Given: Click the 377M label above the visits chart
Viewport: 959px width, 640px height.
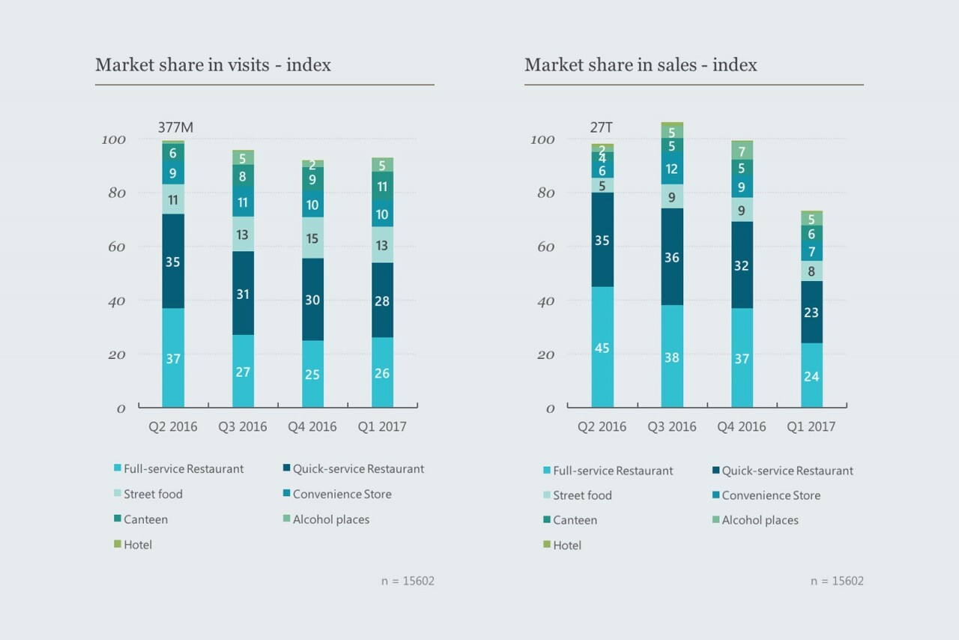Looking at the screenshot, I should pyautogui.click(x=175, y=127).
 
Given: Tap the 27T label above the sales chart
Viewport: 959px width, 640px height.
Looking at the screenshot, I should pyautogui.click(x=602, y=127).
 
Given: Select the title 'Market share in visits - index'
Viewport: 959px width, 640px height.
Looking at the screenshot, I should pyautogui.click(x=213, y=65).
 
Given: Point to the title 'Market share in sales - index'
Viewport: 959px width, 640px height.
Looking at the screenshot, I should pyautogui.click(x=641, y=65).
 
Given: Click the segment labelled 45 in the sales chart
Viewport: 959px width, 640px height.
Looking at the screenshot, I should pyautogui.click(x=602, y=347).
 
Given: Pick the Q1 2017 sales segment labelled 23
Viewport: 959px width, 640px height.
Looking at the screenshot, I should pyautogui.click(x=811, y=313).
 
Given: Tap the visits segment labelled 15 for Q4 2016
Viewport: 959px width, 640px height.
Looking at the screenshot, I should pyautogui.click(x=312, y=238).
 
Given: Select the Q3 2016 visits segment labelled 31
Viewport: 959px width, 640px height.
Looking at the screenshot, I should pyautogui.click(x=243, y=294).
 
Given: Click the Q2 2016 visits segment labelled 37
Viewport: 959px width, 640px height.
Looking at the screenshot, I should pyautogui.click(x=173, y=358).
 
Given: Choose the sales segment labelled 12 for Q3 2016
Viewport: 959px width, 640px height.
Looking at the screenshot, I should pyautogui.click(x=672, y=169).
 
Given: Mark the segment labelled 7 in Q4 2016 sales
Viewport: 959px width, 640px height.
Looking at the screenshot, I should pyautogui.click(x=742, y=152).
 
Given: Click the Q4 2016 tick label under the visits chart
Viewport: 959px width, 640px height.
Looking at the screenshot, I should pyautogui.click(x=312, y=427).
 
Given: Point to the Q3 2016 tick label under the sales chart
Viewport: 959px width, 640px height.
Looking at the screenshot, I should pyautogui.click(x=672, y=427).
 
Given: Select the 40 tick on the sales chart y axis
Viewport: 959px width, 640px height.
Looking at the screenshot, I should pyautogui.click(x=544, y=301).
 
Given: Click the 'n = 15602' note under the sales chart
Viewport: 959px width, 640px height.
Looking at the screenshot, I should pyautogui.click(x=837, y=581).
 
